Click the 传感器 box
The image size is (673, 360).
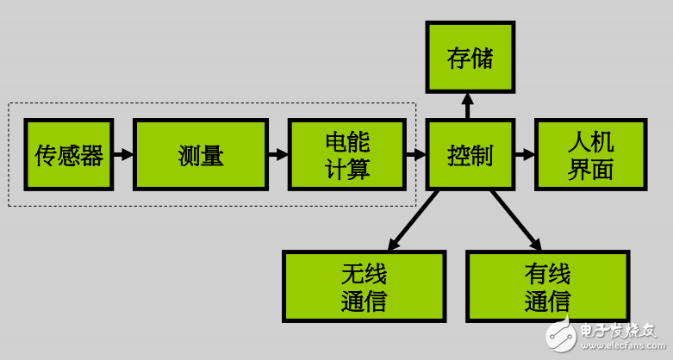(69, 155)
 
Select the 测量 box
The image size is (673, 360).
(201, 155)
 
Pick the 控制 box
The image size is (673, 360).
(470, 155)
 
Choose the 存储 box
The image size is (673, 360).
(470, 58)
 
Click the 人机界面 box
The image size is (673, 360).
(590, 155)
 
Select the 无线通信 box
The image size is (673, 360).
(364, 287)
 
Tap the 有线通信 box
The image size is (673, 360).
(547, 287)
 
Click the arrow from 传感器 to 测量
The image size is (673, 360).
(123, 155)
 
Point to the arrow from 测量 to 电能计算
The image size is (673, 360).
(277, 155)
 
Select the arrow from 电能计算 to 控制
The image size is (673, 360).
(416, 155)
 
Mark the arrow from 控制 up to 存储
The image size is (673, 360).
(468, 106)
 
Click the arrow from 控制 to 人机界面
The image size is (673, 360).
(525, 155)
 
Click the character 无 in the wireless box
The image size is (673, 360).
(352, 276)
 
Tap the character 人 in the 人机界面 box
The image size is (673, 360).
(579, 142)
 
